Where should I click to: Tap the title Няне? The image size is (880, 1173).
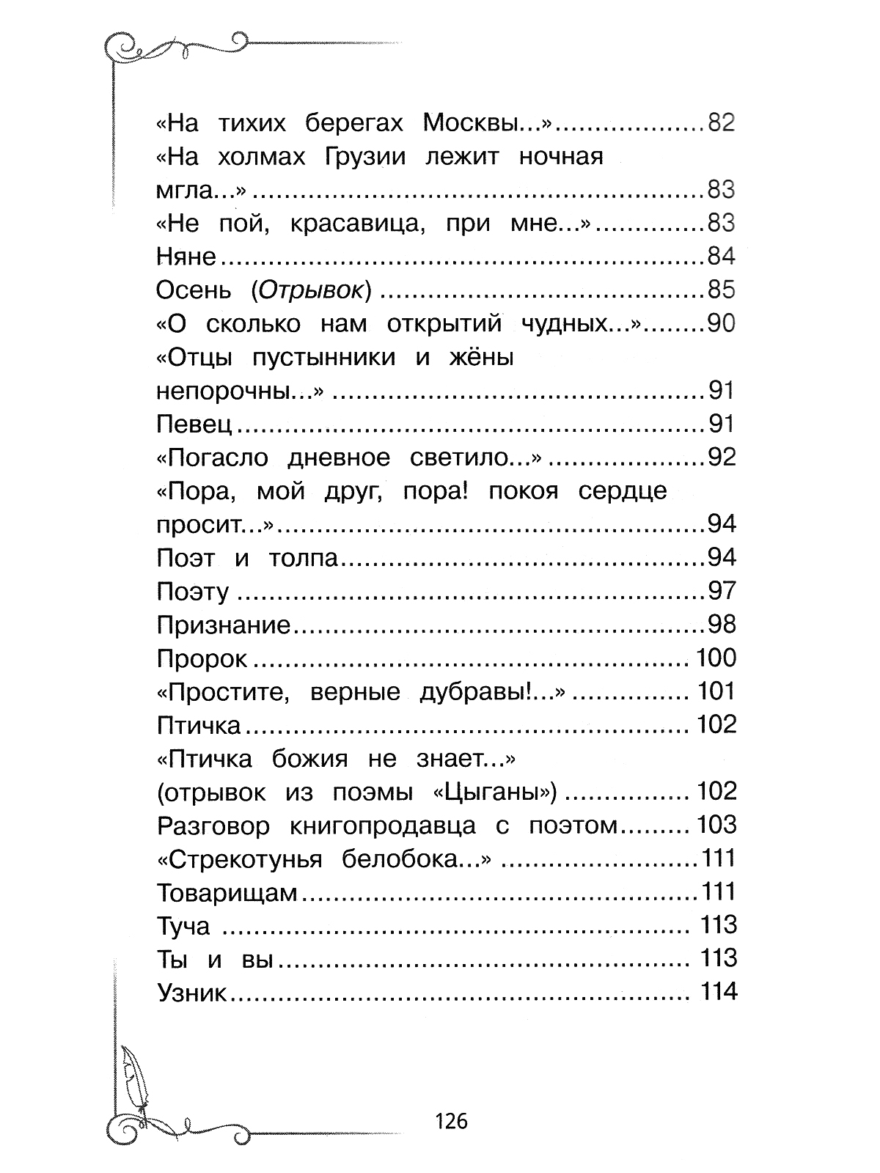coord(186,257)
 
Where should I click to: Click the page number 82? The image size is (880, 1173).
coord(720,123)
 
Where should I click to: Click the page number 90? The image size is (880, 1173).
coord(720,324)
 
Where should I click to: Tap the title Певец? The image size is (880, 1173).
coord(194,424)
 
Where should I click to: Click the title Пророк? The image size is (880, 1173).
coord(202,659)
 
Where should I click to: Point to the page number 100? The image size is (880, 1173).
coord(716,658)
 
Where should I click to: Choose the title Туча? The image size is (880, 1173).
coord(183,927)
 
